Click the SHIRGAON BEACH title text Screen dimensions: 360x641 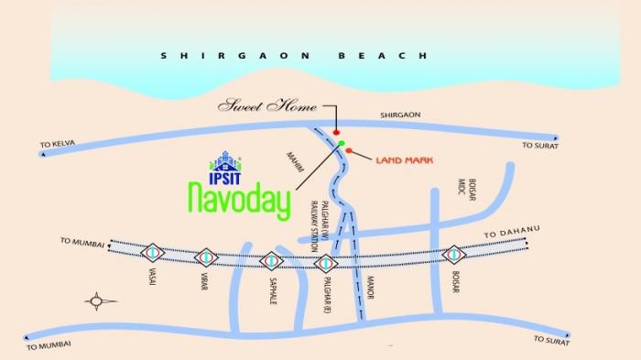point(293,56)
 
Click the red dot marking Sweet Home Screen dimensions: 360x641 point(336,133)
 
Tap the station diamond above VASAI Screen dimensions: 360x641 point(153,253)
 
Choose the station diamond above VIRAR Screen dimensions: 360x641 point(208,257)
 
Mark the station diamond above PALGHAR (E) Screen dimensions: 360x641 point(326,262)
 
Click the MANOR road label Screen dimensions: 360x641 point(371,294)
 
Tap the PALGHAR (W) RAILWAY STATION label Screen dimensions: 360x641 point(317,227)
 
